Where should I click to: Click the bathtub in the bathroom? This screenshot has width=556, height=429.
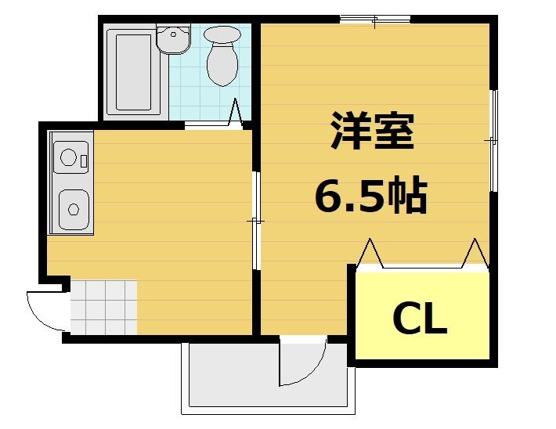pyautogui.click(x=131, y=72)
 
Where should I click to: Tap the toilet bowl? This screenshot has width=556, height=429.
pyautogui.click(x=223, y=59)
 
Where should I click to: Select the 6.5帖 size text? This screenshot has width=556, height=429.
pyautogui.click(x=370, y=196)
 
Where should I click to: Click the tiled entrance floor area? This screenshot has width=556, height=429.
pyautogui.click(x=104, y=307)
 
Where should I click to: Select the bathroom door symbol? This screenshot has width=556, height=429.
pyautogui.click(x=235, y=114)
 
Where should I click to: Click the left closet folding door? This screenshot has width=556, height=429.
pyautogui.click(x=370, y=254)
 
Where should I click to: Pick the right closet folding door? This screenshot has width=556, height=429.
pyautogui.click(x=475, y=254)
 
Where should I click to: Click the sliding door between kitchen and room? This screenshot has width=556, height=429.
pyautogui.click(x=255, y=222)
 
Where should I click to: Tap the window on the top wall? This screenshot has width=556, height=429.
pyautogui.click(x=375, y=19)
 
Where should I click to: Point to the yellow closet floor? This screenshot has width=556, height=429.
pyautogui.click(x=423, y=344)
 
